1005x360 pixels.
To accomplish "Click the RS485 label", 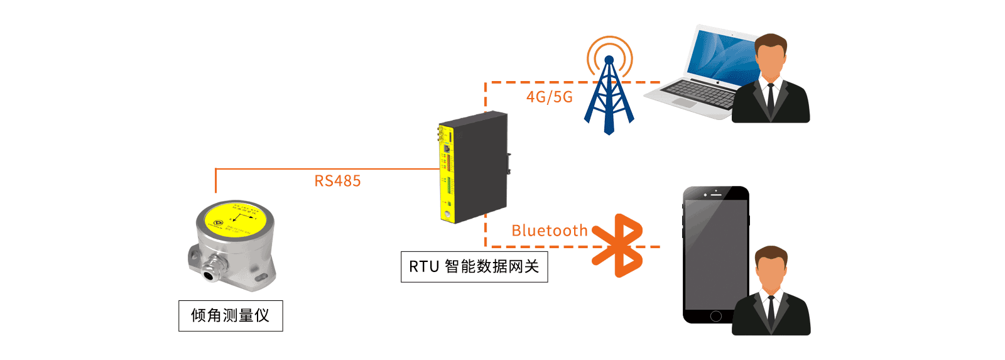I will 337,181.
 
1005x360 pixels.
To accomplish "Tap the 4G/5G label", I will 549,97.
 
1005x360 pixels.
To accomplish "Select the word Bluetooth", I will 549,231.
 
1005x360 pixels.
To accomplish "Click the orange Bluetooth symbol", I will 619,246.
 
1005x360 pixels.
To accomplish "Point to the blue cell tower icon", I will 609,101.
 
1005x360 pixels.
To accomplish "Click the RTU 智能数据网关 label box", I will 474,267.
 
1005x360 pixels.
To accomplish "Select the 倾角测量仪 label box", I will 231,315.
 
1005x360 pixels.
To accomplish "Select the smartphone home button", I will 715,316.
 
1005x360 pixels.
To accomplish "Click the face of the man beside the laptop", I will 770,60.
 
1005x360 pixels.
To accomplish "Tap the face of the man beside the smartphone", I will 771,272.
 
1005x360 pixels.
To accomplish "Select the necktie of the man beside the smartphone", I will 771,310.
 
